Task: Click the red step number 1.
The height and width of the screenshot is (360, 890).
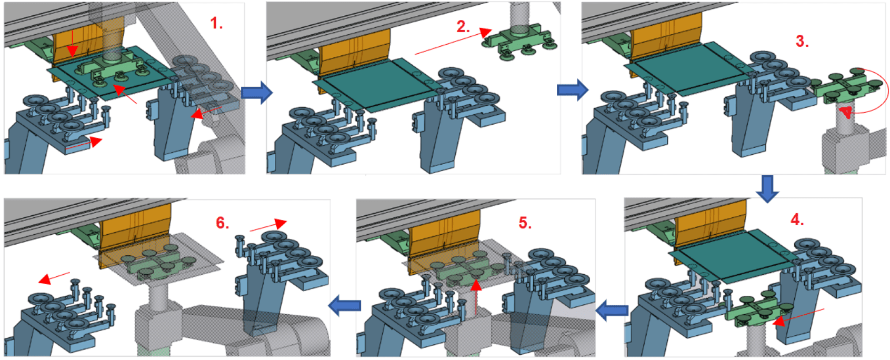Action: coord(216,23)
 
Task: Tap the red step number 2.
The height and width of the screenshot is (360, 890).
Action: coord(463,27)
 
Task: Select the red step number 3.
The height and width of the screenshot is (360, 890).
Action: coord(802,42)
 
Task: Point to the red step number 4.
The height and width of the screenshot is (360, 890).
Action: coord(797,219)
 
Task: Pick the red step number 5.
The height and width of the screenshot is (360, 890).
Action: coord(524,223)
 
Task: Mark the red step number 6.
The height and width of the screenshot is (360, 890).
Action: coord(222,223)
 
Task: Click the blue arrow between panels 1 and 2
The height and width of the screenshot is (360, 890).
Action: coord(256,93)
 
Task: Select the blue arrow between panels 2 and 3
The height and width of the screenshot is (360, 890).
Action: coord(572,90)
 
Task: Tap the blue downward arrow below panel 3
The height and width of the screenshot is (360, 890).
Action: coord(767,188)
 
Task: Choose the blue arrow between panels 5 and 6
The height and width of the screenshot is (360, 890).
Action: coord(344,305)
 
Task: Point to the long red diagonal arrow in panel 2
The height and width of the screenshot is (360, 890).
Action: coord(448,43)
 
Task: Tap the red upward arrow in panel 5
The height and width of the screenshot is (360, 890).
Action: coord(476,298)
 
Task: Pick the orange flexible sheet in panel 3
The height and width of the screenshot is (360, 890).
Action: coord(665,36)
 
